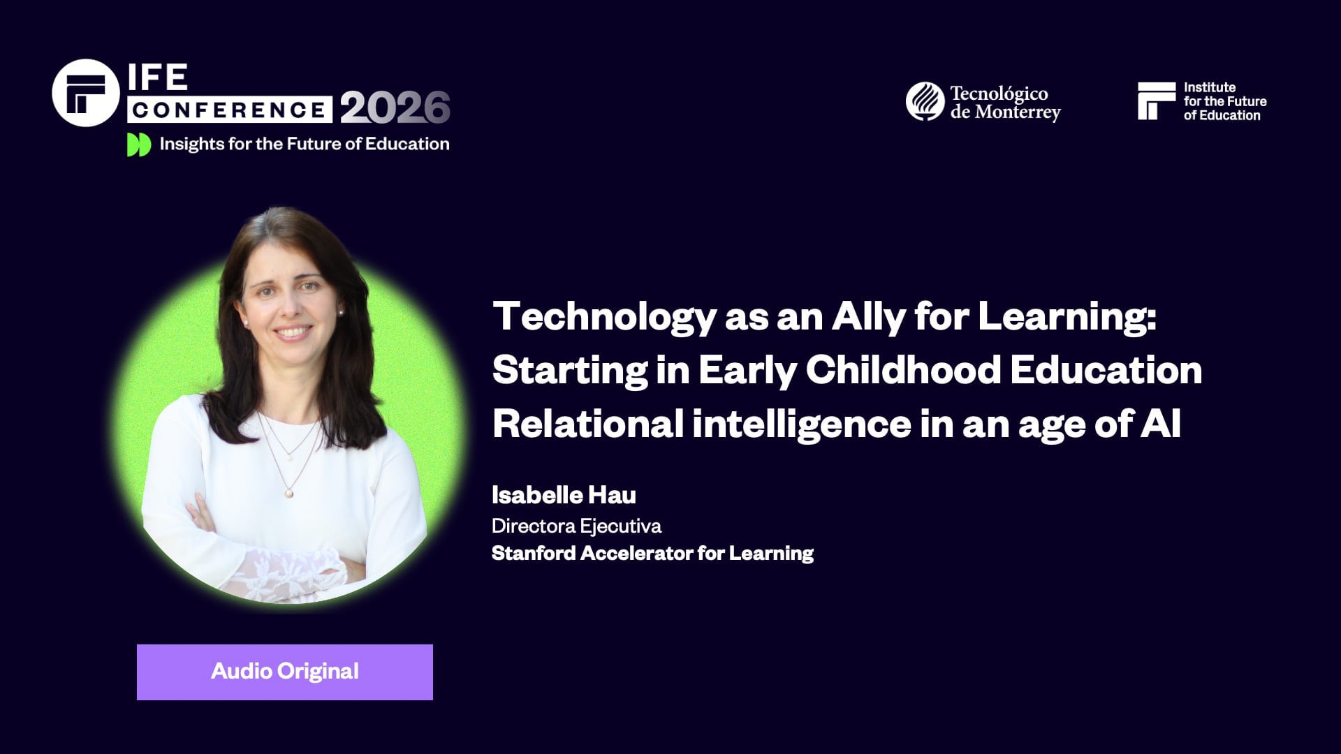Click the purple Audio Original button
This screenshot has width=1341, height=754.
(284, 672)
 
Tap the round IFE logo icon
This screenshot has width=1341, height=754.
(86, 93)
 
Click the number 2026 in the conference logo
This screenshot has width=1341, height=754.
(395, 108)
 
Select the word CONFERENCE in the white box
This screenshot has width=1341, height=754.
(230, 110)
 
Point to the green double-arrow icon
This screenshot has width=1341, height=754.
(138, 145)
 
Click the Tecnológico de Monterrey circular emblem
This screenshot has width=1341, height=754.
(925, 101)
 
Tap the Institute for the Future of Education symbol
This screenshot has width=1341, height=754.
(1156, 101)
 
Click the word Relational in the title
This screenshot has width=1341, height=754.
(587, 424)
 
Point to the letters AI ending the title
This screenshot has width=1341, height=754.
(1160, 424)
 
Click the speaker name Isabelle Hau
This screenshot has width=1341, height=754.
(564, 495)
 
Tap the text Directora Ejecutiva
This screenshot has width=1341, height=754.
(576, 526)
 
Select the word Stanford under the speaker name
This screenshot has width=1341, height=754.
(533, 554)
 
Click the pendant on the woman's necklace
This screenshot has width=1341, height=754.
(288, 493)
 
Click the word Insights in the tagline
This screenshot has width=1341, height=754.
(184, 144)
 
